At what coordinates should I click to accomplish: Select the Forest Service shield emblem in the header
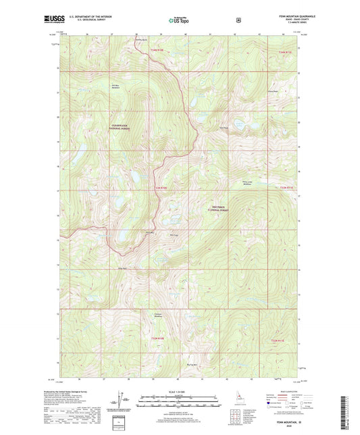[x=237, y=20]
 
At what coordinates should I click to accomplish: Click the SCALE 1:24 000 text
[x=179, y=392]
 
